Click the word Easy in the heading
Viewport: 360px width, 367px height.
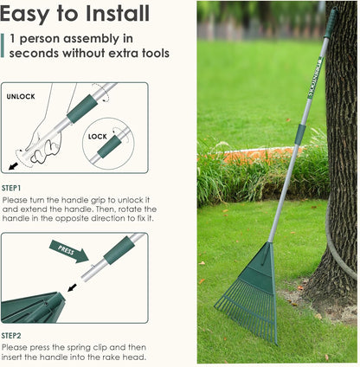(23, 14)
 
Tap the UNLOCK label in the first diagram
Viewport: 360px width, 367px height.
(20, 96)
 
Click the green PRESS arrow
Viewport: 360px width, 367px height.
(68, 251)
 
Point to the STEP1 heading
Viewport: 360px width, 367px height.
(11, 188)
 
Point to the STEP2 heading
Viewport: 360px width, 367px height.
(11, 336)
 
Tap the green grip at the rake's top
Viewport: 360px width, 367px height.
(330, 22)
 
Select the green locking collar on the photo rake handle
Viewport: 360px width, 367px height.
(300, 133)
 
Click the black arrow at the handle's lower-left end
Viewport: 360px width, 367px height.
(13, 165)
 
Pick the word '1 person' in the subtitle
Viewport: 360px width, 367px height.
(34, 39)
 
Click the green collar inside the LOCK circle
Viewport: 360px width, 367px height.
(110, 146)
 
